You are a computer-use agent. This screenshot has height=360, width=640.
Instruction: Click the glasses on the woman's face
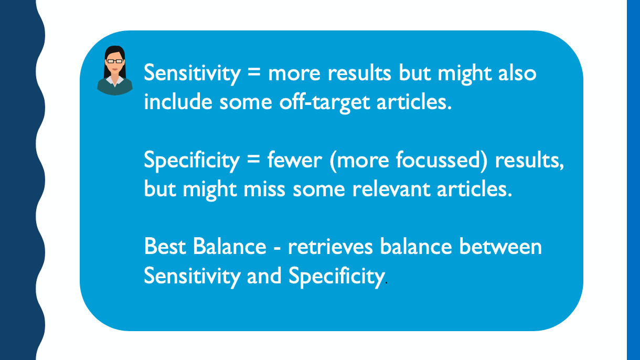(115, 61)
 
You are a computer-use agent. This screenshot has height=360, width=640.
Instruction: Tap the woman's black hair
(114, 51)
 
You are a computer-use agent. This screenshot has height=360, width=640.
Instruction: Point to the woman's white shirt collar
(114, 81)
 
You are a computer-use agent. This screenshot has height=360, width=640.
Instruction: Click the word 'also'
(517, 73)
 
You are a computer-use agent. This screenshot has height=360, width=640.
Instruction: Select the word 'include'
(178, 101)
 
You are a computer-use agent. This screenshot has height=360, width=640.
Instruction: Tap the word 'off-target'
(324, 102)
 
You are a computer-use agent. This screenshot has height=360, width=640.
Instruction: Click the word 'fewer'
(295, 160)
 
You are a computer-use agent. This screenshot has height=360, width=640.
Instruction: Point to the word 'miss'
(264, 189)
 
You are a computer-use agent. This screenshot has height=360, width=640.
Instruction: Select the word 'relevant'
(391, 189)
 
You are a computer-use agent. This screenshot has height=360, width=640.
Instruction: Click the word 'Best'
(165, 247)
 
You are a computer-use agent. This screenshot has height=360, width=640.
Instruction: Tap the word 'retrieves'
(330, 247)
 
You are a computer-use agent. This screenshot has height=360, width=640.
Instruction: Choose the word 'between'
(500, 247)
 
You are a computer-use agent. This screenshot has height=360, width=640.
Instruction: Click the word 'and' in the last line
(264, 276)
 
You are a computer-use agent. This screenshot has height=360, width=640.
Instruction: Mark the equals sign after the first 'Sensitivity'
(254, 72)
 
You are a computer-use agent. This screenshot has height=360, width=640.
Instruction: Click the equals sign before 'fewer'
(253, 159)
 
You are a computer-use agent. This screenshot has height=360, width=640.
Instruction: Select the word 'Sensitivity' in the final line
(192, 277)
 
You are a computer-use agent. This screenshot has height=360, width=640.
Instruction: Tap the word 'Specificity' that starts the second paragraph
(191, 161)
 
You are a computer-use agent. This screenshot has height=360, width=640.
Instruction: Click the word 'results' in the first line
(359, 73)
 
